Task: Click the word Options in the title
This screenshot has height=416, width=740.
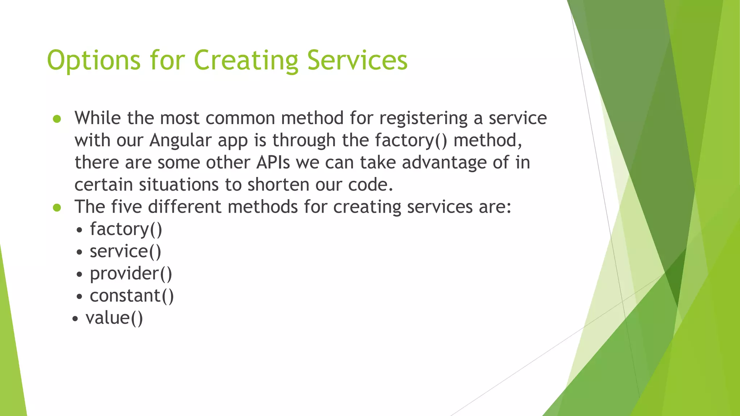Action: [x=94, y=60]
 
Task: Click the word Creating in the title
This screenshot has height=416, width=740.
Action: [x=246, y=60]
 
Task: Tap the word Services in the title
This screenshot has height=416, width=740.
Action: [x=357, y=60]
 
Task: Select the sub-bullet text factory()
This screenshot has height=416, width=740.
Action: [x=126, y=229]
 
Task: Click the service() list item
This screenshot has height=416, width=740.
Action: [x=125, y=251]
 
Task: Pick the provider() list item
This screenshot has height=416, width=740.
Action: [x=131, y=273]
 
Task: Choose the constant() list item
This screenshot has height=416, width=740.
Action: [x=132, y=296]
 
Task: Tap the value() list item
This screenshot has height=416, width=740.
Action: [x=114, y=318]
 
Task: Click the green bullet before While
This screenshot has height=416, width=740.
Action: [x=57, y=119]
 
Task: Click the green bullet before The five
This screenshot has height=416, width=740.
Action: [x=57, y=208]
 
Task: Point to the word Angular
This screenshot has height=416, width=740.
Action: [x=180, y=140]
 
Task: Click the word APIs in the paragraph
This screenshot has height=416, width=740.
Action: [x=273, y=162]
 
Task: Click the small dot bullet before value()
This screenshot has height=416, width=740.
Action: [x=75, y=319]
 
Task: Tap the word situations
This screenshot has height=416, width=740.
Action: [x=178, y=185]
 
